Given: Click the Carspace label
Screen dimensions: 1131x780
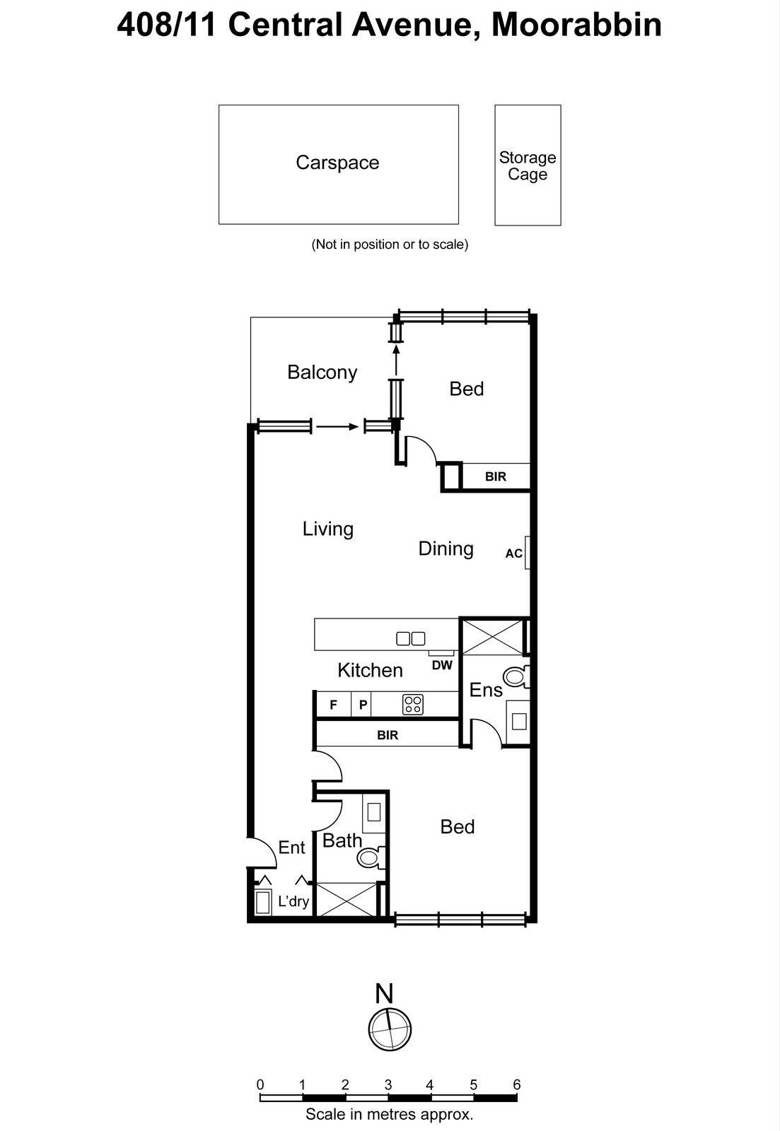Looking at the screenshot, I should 337,163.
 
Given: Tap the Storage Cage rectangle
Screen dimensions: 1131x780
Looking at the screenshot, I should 528,165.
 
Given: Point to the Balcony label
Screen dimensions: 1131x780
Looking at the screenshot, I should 322,373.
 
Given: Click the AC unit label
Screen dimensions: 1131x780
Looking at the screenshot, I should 513,553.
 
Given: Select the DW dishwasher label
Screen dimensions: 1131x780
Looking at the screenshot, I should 442,665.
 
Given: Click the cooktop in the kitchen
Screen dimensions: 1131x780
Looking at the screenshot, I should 413,704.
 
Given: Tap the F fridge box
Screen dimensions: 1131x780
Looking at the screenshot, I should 334,705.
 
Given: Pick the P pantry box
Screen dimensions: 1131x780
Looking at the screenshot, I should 363,705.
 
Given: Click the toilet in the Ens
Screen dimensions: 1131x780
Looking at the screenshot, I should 516,677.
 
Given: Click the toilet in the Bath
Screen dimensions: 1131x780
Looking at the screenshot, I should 370,857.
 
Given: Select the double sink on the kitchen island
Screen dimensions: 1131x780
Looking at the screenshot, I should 411,638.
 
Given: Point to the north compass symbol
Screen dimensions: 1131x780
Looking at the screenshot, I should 390,1029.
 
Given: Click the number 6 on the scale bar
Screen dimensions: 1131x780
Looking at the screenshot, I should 517,1084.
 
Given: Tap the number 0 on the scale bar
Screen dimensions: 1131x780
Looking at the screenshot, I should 260,1084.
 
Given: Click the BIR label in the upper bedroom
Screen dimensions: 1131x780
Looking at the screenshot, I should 496,476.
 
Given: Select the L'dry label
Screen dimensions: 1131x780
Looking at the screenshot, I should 293,901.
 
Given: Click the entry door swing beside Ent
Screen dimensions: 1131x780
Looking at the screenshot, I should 262,852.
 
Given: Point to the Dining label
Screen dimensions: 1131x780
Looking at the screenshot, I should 446,549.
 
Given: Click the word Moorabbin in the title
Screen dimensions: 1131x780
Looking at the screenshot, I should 576,25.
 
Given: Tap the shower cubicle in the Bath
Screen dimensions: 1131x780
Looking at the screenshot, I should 346,899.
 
